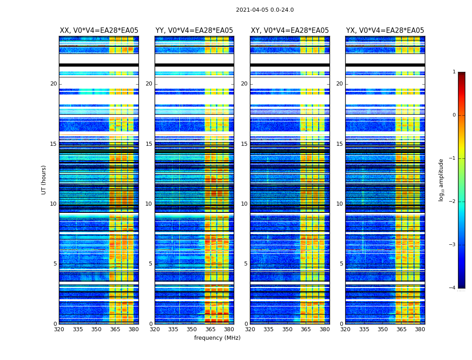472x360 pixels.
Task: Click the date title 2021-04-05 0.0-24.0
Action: [265, 10]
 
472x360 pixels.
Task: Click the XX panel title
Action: [99, 31]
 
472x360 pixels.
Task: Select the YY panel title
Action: [194, 31]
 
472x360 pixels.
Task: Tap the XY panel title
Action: [289, 31]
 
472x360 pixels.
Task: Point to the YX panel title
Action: [385, 31]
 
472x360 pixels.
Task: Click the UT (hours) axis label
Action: [44, 180]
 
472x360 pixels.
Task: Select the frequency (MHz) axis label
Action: [217, 338]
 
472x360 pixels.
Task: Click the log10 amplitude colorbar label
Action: [441, 180]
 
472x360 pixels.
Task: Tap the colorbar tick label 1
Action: [454, 72]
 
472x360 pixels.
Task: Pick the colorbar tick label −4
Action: [453, 288]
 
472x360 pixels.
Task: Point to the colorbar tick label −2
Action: [453, 202]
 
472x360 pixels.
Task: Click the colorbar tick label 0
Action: [454, 115]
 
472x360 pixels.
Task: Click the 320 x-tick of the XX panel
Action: [59, 329]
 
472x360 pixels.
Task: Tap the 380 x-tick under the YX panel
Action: [420, 329]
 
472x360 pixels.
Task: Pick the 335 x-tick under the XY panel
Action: [269, 329]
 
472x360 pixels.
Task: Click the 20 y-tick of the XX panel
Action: [53, 84]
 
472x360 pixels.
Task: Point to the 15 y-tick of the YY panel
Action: [149, 144]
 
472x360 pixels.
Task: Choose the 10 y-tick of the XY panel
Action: [244, 204]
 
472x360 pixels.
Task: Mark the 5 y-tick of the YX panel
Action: [341, 264]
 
